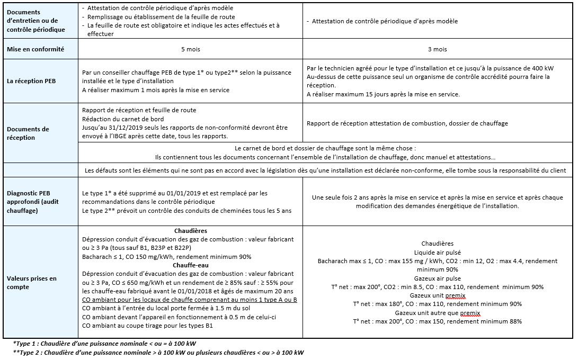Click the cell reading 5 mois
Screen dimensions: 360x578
190,49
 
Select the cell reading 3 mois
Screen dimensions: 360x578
437,49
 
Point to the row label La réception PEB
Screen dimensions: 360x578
32,82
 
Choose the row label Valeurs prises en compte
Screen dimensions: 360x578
32,282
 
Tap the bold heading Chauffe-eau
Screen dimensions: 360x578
190,265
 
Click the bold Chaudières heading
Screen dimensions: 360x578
190,231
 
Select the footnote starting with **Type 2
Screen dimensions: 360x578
159,353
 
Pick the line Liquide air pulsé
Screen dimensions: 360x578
437,253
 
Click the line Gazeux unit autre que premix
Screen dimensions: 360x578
437,313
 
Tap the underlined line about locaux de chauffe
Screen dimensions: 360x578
190,300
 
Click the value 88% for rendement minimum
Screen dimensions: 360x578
514,321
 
